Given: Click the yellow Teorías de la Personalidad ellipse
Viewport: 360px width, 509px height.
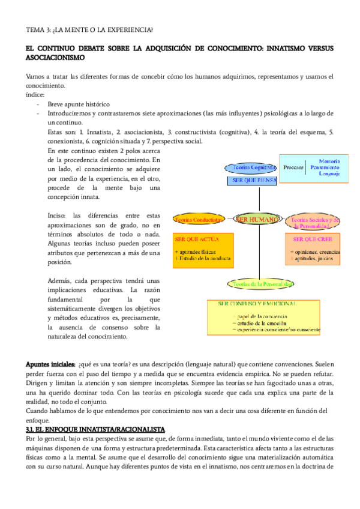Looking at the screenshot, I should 259,283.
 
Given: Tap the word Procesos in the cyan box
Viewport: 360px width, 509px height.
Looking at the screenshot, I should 293,167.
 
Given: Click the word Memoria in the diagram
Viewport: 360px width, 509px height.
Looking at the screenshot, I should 329,161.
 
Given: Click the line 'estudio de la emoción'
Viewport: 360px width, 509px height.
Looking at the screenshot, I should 259,322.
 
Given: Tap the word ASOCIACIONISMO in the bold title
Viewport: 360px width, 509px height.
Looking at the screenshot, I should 55,58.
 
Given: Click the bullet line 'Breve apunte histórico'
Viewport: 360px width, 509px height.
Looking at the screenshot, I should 77,104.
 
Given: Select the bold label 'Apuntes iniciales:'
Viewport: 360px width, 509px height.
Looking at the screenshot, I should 50,364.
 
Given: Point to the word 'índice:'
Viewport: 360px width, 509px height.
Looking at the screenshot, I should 35,95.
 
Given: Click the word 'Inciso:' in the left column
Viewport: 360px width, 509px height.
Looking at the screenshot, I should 58,215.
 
